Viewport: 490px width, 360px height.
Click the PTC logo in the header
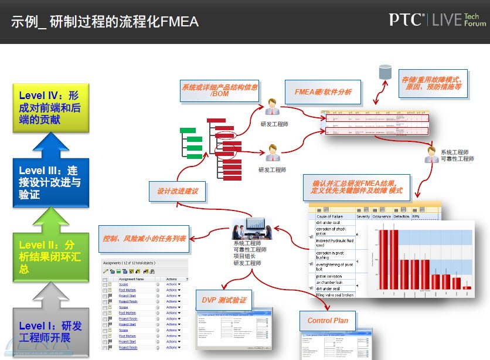[406, 19]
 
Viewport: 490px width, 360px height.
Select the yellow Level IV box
[51, 107]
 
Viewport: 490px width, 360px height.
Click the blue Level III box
[51, 182]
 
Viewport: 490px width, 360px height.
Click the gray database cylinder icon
[385, 72]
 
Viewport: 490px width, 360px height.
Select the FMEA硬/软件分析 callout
[319, 92]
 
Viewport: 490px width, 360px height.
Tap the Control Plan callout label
[328, 320]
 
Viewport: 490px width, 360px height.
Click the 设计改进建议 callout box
[178, 191]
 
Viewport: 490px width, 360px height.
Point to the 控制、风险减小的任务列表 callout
[144, 239]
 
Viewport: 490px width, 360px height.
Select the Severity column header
[363, 216]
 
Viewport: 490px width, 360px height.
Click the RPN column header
[417, 216]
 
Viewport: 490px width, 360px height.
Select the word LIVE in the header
[446, 20]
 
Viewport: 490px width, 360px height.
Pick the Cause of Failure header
[331, 216]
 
